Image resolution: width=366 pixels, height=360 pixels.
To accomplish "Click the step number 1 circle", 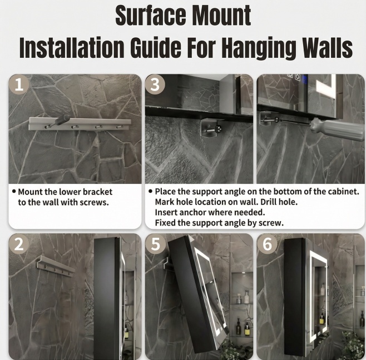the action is pyautogui.click(x=19, y=84).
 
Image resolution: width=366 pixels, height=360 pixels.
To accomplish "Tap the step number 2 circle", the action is pyautogui.click(x=19, y=244).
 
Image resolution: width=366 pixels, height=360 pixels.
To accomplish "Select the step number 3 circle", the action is pyautogui.click(x=155, y=84).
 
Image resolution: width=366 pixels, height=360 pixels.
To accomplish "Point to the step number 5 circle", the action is pyautogui.click(x=155, y=244).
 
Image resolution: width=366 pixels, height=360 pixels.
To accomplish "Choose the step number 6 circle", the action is pyautogui.click(x=267, y=244).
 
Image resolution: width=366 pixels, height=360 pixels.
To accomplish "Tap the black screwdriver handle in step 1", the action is pyautogui.click(x=62, y=121).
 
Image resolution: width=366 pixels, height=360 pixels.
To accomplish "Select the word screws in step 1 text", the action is pyautogui.click(x=94, y=202).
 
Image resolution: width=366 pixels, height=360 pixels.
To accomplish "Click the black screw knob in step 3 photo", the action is pyautogui.click(x=218, y=128).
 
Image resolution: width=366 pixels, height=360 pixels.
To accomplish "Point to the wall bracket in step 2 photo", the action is pyautogui.click(x=56, y=266).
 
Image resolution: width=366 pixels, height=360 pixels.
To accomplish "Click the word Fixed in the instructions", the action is pyautogui.click(x=165, y=223).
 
